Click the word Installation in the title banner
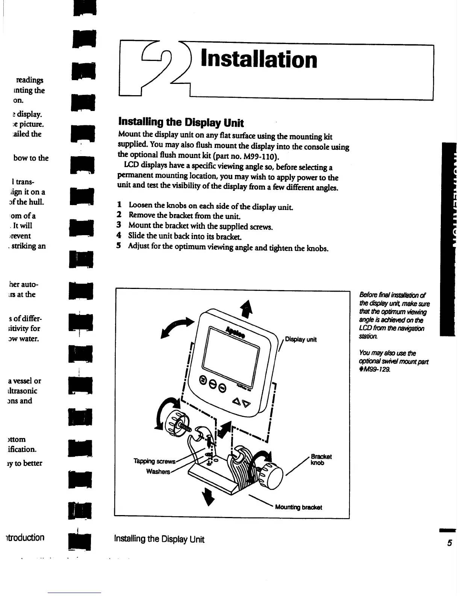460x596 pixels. pyautogui.click(x=259, y=60)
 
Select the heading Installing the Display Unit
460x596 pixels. pyautogui.click(x=181, y=123)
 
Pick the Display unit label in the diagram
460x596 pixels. pyautogui.click(x=301, y=339)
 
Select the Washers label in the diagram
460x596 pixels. pyautogui.click(x=159, y=472)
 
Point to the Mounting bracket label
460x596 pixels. pyautogui.click(x=298, y=507)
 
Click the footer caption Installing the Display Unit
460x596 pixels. pyautogui.click(x=159, y=539)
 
